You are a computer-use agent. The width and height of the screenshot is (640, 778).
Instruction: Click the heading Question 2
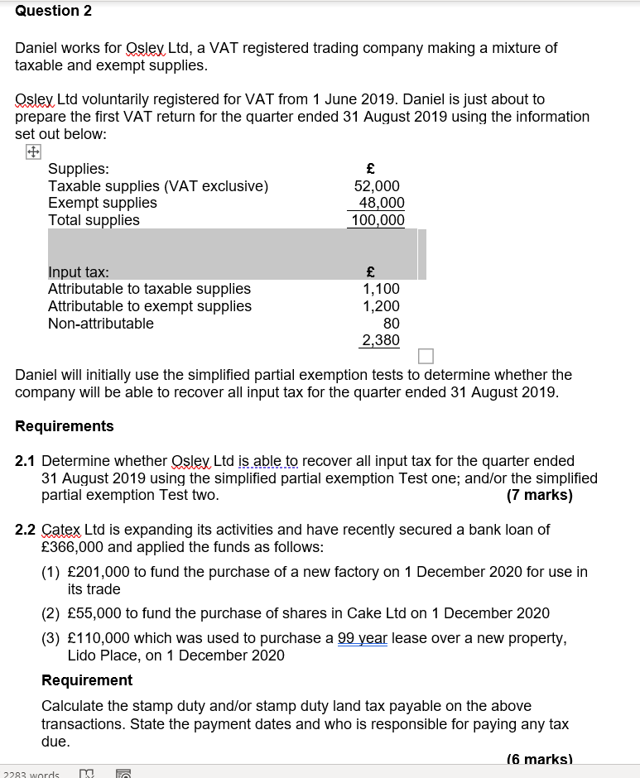[54, 11]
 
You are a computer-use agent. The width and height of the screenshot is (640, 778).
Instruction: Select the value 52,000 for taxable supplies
[377, 186]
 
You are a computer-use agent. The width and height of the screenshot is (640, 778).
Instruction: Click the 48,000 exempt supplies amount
[382, 203]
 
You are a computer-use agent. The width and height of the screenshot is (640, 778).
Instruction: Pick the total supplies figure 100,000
[378, 220]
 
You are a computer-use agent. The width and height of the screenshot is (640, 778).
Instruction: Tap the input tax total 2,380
[381, 340]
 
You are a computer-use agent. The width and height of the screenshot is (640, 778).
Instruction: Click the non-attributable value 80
[391, 324]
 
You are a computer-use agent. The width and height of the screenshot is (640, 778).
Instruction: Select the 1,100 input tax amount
[381, 289]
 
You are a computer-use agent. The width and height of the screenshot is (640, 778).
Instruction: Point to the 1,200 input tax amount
[381, 306]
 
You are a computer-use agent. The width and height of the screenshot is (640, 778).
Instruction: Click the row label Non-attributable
[101, 324]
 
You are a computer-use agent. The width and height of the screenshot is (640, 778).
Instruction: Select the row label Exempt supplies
[103, 203]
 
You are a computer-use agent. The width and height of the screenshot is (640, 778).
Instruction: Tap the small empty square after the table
[426, 356]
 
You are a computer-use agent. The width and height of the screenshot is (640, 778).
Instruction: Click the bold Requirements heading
[65, 426]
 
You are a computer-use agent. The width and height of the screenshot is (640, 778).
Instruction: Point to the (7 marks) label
[539, 495]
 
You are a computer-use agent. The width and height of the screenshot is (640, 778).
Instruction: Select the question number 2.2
[26, 530]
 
